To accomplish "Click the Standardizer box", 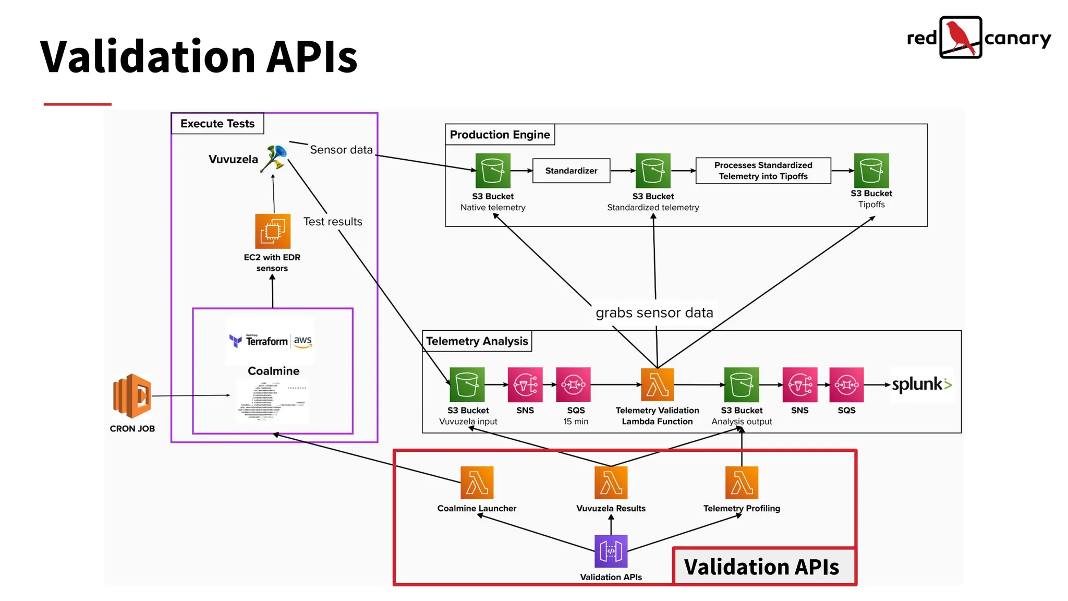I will [571, 171].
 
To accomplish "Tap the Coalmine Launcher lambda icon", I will [477, 483].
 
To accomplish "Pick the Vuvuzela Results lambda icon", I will [611, 483].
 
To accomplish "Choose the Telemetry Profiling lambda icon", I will [742, 483].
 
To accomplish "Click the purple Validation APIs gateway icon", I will [611, 551].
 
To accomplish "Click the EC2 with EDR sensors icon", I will [272, 231].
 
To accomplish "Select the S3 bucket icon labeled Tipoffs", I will [871, 171].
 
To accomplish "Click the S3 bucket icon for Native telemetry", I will [492, 171].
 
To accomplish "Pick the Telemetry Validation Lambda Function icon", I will [657, 385].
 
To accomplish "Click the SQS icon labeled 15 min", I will [573, 385].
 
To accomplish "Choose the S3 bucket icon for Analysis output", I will [741, 385].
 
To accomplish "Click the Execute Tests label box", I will [217, 124].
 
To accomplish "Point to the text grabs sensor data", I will [654, 312].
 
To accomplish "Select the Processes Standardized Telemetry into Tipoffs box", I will [762, 171].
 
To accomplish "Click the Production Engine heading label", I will [500, 135].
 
